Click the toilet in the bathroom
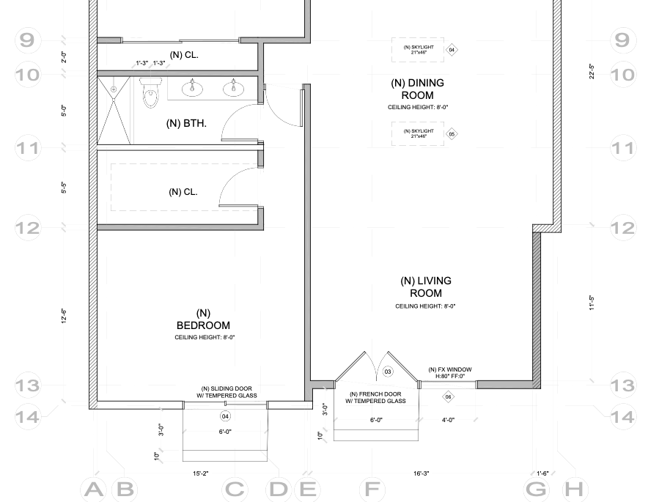(151, 92)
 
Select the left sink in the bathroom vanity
(193, 88)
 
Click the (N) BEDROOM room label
(203, 320)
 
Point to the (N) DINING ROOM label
(417, 89)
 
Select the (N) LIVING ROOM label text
(425, 287)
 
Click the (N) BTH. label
(187, 123)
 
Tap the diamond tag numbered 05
(452, 134)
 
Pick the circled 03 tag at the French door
(388, 372)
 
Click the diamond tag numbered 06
(448, 397)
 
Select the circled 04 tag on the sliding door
(225, 416)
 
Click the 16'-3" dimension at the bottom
(421, 473)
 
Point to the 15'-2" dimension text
(202, 473)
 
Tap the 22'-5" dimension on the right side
(591, 71)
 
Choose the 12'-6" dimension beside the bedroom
(65, 315)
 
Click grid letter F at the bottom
(373, 489)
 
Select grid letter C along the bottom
(234, 489)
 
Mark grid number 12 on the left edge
(27, 228)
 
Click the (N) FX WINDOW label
(449, 369)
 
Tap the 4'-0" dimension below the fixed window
(448, 420)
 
